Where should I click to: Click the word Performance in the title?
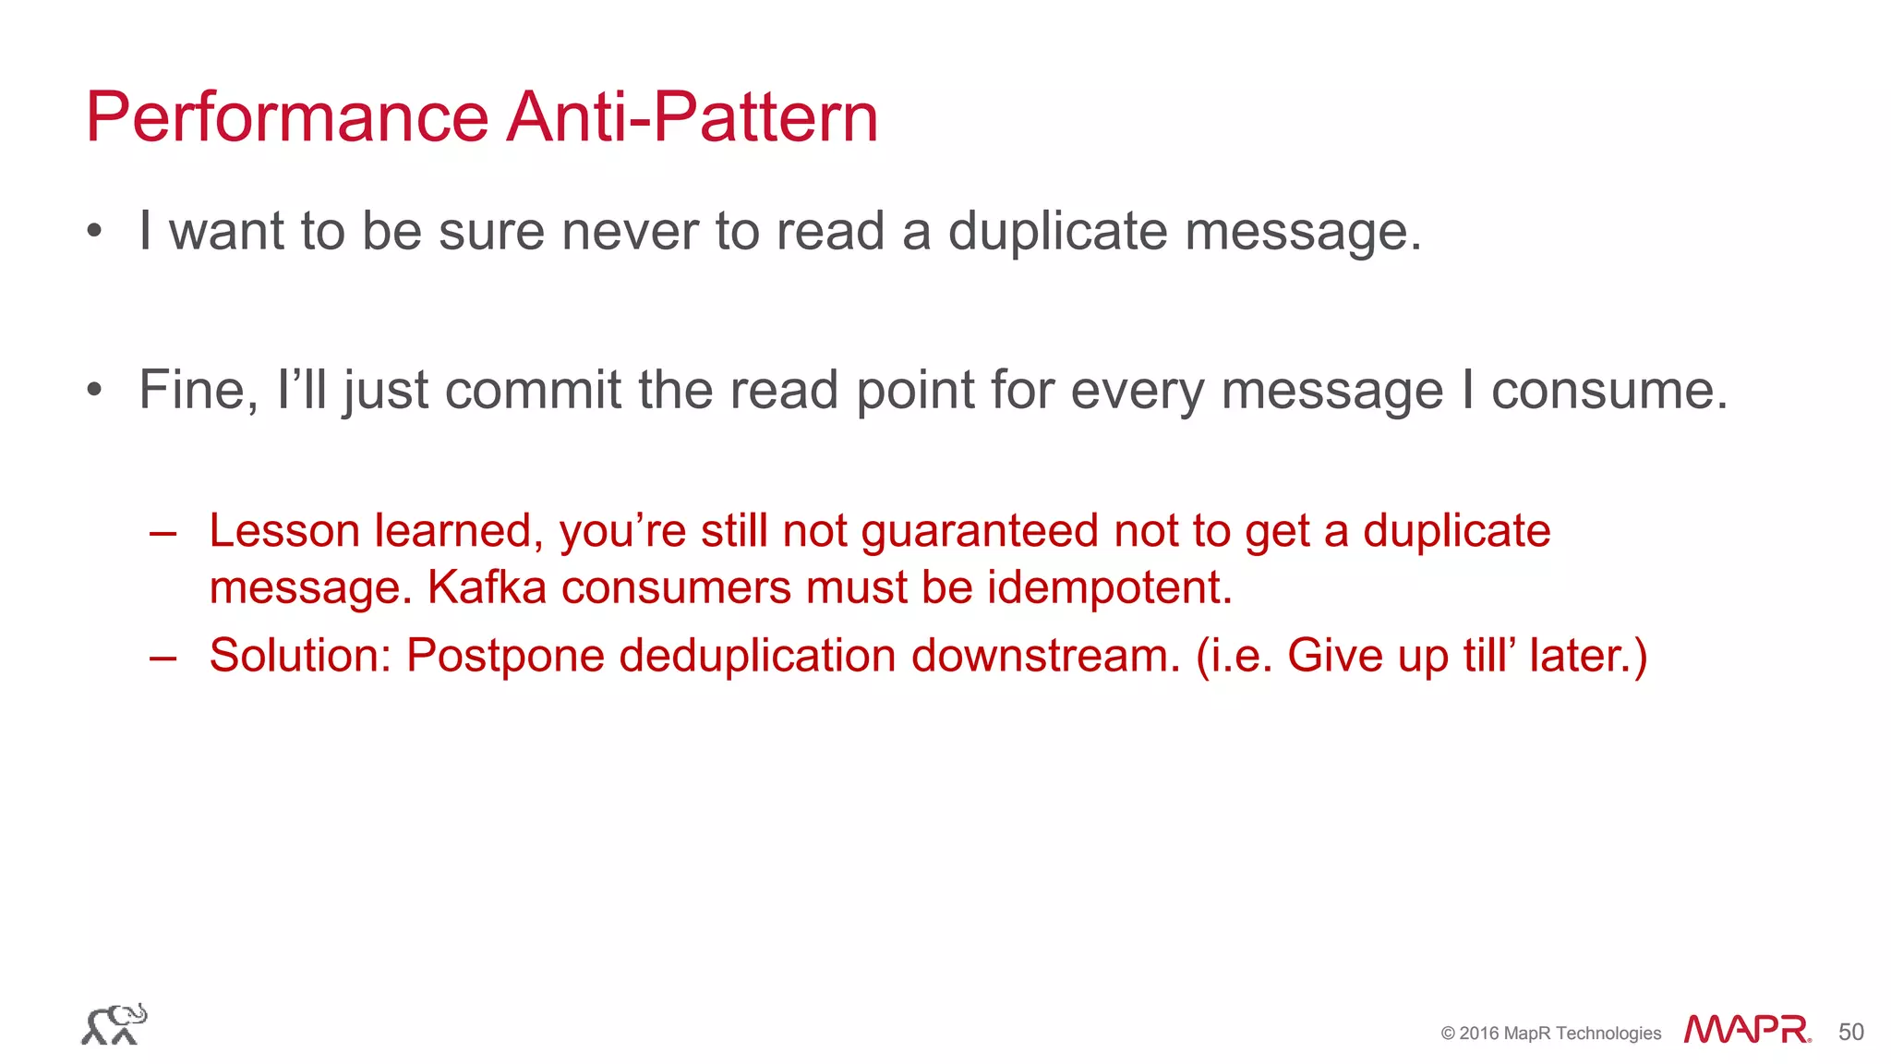tap(286, 118)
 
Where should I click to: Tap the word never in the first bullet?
tap(629, 231)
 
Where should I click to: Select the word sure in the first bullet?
tap(491, 231)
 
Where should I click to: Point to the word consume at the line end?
tap(1608, 390)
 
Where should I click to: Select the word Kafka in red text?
tap(487, 587)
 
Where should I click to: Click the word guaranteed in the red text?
tap(980, 531)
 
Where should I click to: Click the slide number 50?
tap(1850, 1032)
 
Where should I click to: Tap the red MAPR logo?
tap(1746, 1029)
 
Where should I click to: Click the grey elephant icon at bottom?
tap(114, 1024)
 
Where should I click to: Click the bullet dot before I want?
tap(94, 232)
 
